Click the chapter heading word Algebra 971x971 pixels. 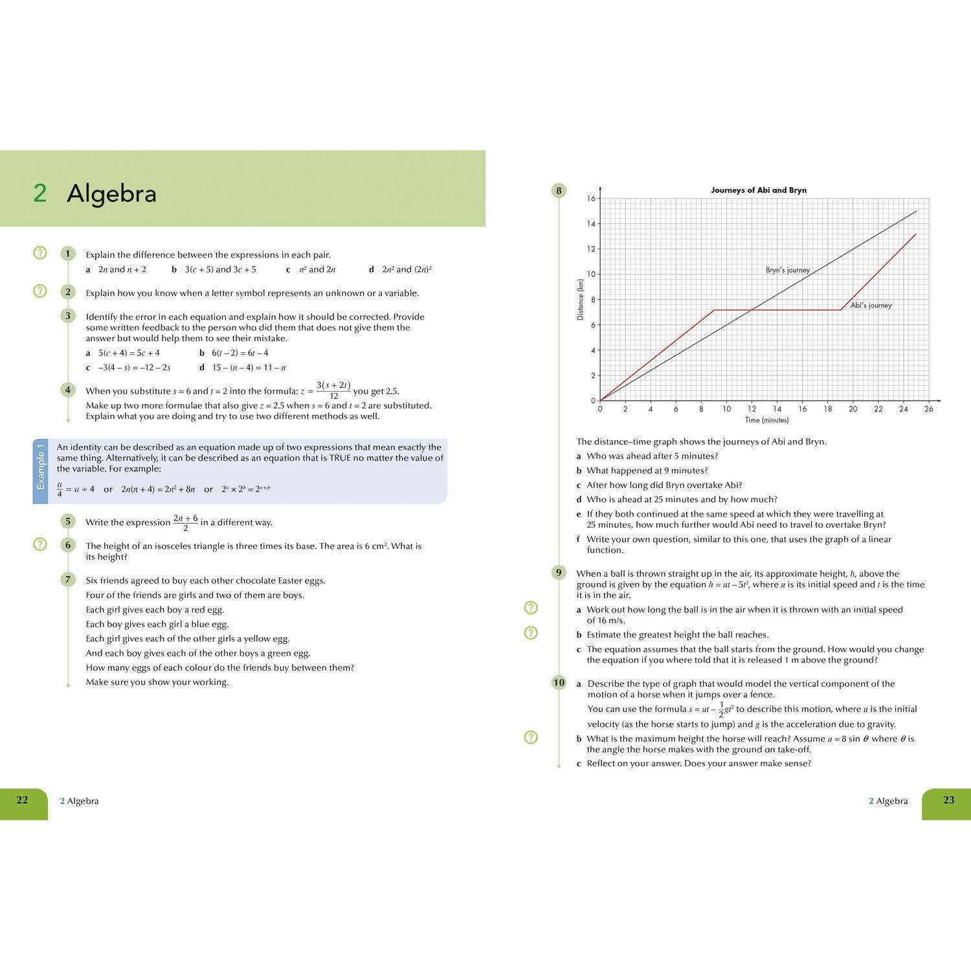point(111,194)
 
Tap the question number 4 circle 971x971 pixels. point(67,390)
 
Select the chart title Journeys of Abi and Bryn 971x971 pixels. point(759,190)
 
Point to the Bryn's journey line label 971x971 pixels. point(787,270)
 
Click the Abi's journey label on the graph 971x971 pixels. point(871,306)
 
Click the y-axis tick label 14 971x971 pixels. point(591,224)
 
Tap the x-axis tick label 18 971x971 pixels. point(827,409)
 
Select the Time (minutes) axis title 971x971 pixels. point(766,420)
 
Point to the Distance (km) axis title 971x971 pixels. point(580,299)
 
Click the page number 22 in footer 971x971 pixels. point(22,800)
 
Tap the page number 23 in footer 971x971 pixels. point(948,800)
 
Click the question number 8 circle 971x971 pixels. point(559,190)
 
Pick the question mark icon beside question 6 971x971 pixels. point(40,544)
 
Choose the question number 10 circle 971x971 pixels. point(559,682)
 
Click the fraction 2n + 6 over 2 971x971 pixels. point(185,522)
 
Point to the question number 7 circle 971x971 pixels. point(67,579)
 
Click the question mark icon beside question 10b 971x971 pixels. point(531,737)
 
